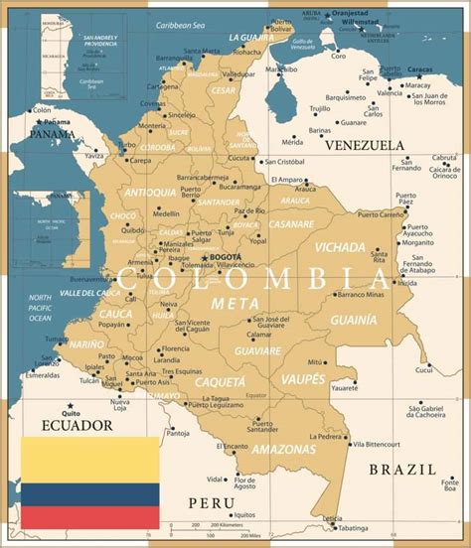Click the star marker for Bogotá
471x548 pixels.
tap(205, 256)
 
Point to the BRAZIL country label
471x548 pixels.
tap(401, 469)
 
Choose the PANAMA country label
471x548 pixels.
tap(52, 133)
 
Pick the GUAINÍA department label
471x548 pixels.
tap(353, 320)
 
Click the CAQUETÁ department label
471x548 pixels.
tap(220, 381)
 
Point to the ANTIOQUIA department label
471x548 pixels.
tap(150, 192)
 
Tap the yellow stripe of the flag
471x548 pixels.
tap(90, 460)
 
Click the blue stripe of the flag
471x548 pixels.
tap(90, 493)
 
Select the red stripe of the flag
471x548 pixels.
tap(90, 517)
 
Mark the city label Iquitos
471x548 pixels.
tap(244, 514)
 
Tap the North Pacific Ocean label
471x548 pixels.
tap(40, 308)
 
